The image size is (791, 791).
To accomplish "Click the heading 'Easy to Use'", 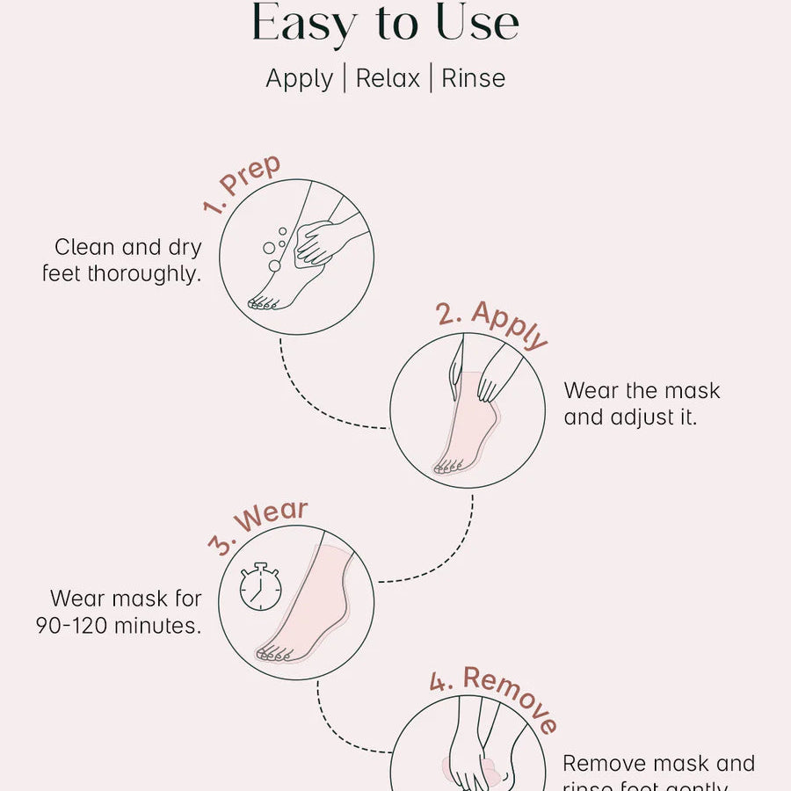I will point(386,24).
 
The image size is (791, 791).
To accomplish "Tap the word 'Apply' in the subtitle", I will point(300,78).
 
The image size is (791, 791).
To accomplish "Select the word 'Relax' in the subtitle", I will point(388,78).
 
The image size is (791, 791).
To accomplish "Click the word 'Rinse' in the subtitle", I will point(473,78).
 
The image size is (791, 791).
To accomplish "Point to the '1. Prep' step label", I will point(241,185).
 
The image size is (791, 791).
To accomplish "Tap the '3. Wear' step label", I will point(258,526).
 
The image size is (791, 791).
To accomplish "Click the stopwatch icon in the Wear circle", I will point(260,586).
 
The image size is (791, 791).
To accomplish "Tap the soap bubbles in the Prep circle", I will point(275,247).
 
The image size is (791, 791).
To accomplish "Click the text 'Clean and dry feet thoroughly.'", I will point(122,260).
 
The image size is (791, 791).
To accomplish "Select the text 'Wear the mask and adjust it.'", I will point(642,403).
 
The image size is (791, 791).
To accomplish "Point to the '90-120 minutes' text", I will point(119,626).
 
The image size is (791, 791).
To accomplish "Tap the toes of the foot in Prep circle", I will point(261,303).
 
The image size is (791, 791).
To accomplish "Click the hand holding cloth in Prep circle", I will point(321,242).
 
